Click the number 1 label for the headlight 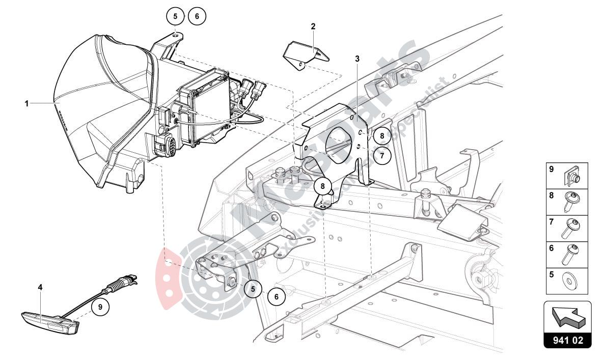pyautogui.click(x=26, y=103)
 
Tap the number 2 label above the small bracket pyautogui.click(x=313, y=26)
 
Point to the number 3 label pyautogui.click(x=358, y=59)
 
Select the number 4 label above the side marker pyautogui.click(x=40, y=287)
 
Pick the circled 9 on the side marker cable pyautogui.click(x=100, y=307)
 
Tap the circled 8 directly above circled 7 pyautogui.click(x=382, y=136)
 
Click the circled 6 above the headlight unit pyautogui.click(x=197, y=16)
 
